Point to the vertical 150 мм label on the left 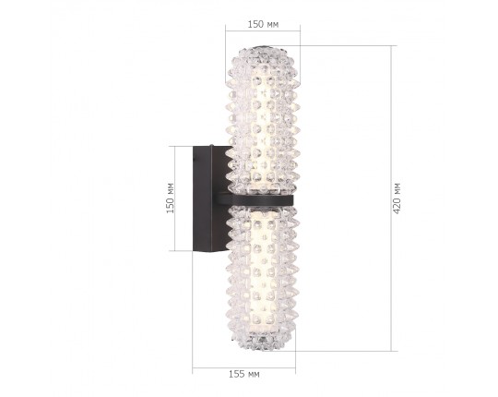coord(170,198)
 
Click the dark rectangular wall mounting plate coord(202,198)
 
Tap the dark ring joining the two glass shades coord(261,198)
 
